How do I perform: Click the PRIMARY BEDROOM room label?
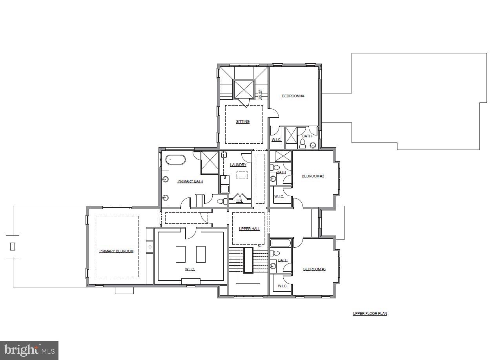pyautogui.click(x=116, y=251)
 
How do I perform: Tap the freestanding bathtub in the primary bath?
pyautogui.click(x=175, y=160)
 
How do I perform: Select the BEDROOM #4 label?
pyautogui.click(x=293, y=96)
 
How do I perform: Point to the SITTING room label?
pyautogui.click(x=242, y=122)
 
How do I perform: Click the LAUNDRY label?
pyautogui.click(x=238, y=165)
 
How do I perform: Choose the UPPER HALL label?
pyautogui.click(x=249, y=229)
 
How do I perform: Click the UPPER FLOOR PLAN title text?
pyautogui.click(x=370, y=314)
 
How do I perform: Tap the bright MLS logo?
pyautogui.click(x=29, y=350)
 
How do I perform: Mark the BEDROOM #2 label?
pyautogui.click(x=313, y=176)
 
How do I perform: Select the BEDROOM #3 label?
pyautogui.click(x=314, y=269)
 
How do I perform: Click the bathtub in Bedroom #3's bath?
pyautogui.click(x=281, y=243)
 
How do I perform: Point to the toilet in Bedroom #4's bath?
pyautogui.click(x=303, y=143)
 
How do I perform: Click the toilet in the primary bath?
pyautogui.click(x=221, y=201)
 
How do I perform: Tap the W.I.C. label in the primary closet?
pyautogui.click(x=190, y=269)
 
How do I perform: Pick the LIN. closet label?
pyautogui.click(x=239, y=201)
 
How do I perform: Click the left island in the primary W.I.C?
pyautogui.click(x=180, y=254)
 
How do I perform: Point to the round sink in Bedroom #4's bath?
pyautogui.click(x=313, y=146)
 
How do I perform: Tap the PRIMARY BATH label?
pyautogui.click(x=190, y=181)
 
